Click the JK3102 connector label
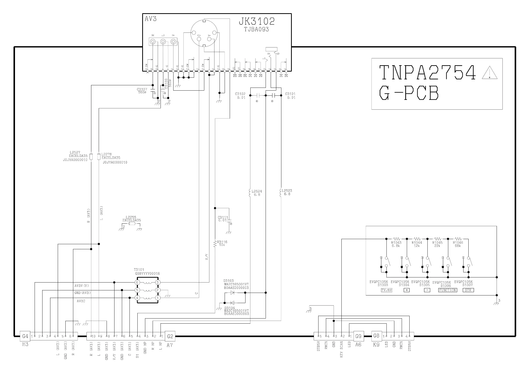click(256, 21)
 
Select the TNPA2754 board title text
click(427, 72)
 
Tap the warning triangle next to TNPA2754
click(489, 73)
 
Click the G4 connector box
click(25, 336)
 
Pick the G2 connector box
click(170, 336)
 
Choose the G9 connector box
click(358, 336)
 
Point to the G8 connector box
click(376, 336)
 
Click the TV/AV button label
click(386, 290)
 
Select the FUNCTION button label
click(447, 290)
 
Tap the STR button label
click(468, 290)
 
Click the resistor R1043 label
click(396, 243)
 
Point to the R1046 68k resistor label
click(458, 243)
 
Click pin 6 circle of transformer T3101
click(137, 283)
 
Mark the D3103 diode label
click(228, 281)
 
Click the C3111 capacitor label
click(223, 218)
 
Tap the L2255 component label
click(131, 218)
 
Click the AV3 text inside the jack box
click(151, 19)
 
